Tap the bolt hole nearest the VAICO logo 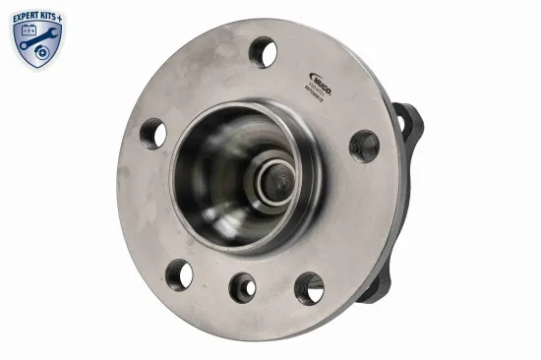click(263, 51)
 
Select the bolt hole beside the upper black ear click(364, 146)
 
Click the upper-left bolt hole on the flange click(153, 133)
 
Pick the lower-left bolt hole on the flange click(179, 274)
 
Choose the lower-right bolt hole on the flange click(309, 287)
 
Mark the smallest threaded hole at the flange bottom click(242, 286)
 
